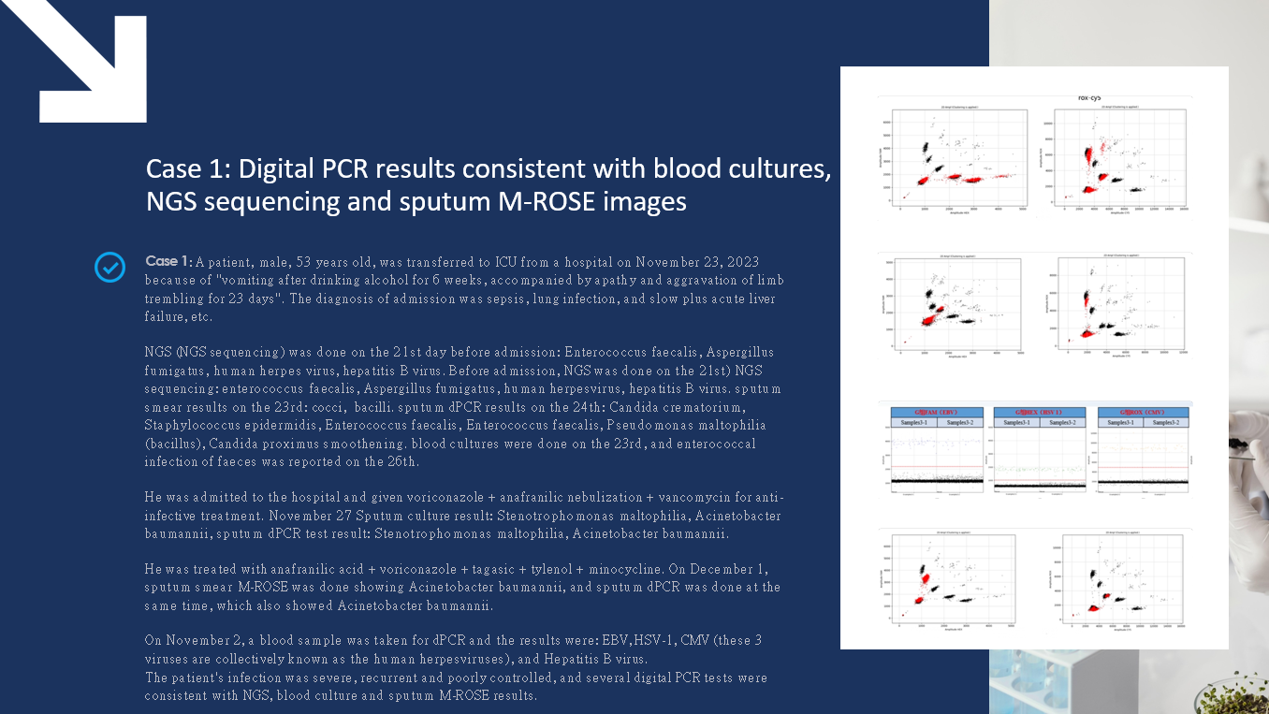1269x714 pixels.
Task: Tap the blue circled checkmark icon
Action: coord(109,268)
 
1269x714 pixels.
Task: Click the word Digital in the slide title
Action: coord(274,169)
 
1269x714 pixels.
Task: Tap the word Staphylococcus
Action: coord(196,426)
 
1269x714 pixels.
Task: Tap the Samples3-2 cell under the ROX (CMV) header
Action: coord(1167,423)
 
